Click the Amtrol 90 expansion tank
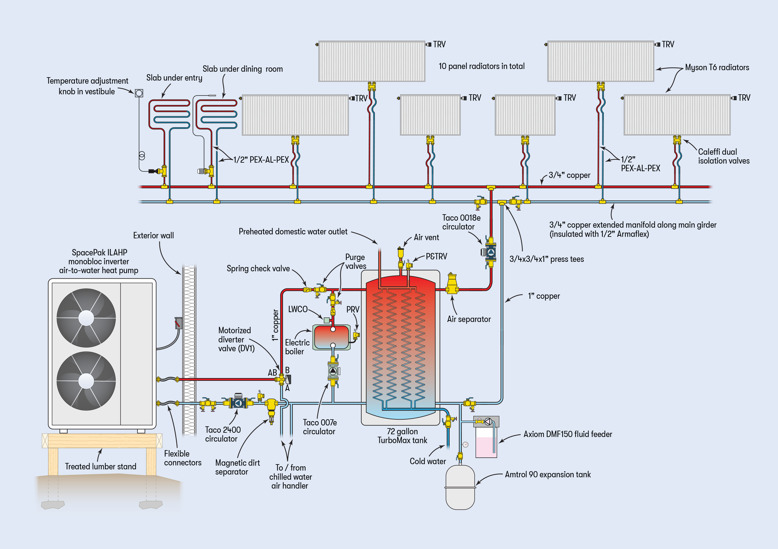pyautogui.click(x=460, y=487)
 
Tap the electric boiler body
pyautogui.click(x=332, y=337)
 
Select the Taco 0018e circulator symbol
pyautogui.click(x=490, y=252)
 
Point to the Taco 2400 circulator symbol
pyautogui.click(x=238, y=403)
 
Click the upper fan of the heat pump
pyautogui.click(x=86, y=318)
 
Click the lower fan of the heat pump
pyautogui.click(x=86, y=381)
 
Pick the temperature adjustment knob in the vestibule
pyautogui.click(x=139, y=93)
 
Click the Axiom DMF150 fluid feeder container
pyautogui.click(x=486, y=442)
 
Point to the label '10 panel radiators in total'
pyautogui.click(x=482, y=66)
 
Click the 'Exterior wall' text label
pyautogui.click(x=153, y=236)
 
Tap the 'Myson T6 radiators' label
pyautogui.click(x=717, y=67)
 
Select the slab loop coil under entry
pyautogui.click(x=169, y=114)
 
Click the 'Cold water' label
pyautogui.click(x=428, y=461)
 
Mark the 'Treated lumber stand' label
pyautogui.click(x=101, y=466)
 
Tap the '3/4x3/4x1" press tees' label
pyautogui.click(x=547, y=259)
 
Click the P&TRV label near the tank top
pyautogui.click(x=436, y=257)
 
